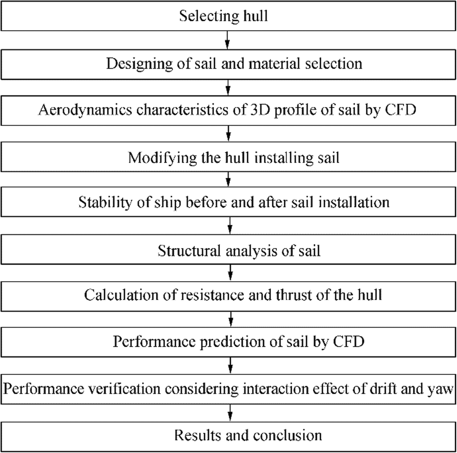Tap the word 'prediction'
(228, 342)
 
